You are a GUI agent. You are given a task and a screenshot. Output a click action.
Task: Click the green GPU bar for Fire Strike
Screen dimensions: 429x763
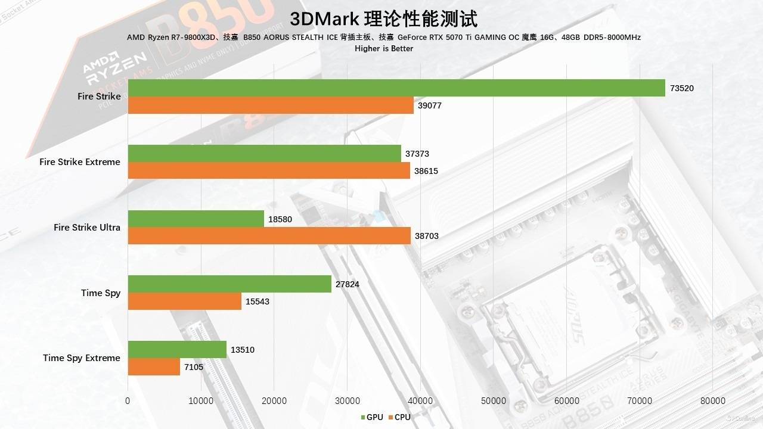coord(396,88)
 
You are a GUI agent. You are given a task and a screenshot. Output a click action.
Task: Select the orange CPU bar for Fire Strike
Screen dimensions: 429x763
coord(271,105)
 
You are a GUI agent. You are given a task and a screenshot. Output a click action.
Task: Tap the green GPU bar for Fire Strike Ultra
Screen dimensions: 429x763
coord(196,219)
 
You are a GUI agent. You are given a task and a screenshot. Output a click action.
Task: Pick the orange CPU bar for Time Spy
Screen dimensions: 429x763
coord(185,301)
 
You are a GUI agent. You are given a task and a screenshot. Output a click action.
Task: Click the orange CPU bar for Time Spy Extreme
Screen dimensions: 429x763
coord(154,367)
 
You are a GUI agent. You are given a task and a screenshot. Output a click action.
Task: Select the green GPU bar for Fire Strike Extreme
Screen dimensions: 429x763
coord(265,153)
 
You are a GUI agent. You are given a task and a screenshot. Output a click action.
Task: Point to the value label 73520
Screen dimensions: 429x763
coord(682,88)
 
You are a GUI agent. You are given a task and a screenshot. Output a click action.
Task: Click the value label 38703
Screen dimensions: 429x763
coord(427,236)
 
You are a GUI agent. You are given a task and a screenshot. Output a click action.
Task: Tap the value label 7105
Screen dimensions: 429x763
coord(194,367)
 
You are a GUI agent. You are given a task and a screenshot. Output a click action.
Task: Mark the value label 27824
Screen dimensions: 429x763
coord(348,284)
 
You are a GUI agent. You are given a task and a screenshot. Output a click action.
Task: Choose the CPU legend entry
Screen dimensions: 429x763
coord(399,417)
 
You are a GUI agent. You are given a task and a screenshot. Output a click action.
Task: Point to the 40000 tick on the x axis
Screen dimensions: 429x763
coord(420,400)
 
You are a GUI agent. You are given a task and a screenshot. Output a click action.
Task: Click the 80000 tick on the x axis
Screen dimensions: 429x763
coord(713,400)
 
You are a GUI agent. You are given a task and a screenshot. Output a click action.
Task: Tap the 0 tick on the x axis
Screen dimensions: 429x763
coord(128,400)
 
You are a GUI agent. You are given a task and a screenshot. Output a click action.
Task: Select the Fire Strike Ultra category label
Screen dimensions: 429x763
coord(87,227)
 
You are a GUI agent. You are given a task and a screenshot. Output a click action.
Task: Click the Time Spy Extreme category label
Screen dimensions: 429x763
coord(82,358)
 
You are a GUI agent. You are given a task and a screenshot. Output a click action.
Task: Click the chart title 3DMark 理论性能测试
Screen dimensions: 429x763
coord(383,18)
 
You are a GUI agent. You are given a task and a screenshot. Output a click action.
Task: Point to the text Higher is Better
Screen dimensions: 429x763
coord(384,48)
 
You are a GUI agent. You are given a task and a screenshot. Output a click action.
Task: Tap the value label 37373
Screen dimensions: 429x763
coord(417,154)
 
